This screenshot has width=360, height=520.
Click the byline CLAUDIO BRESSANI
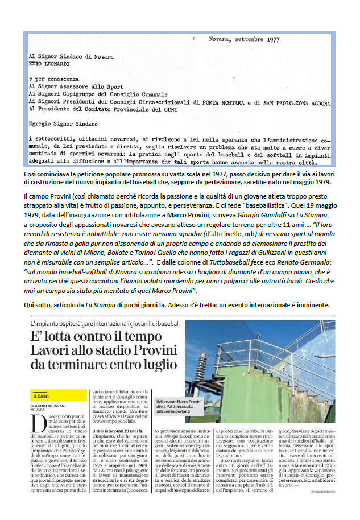coord(53,406)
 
